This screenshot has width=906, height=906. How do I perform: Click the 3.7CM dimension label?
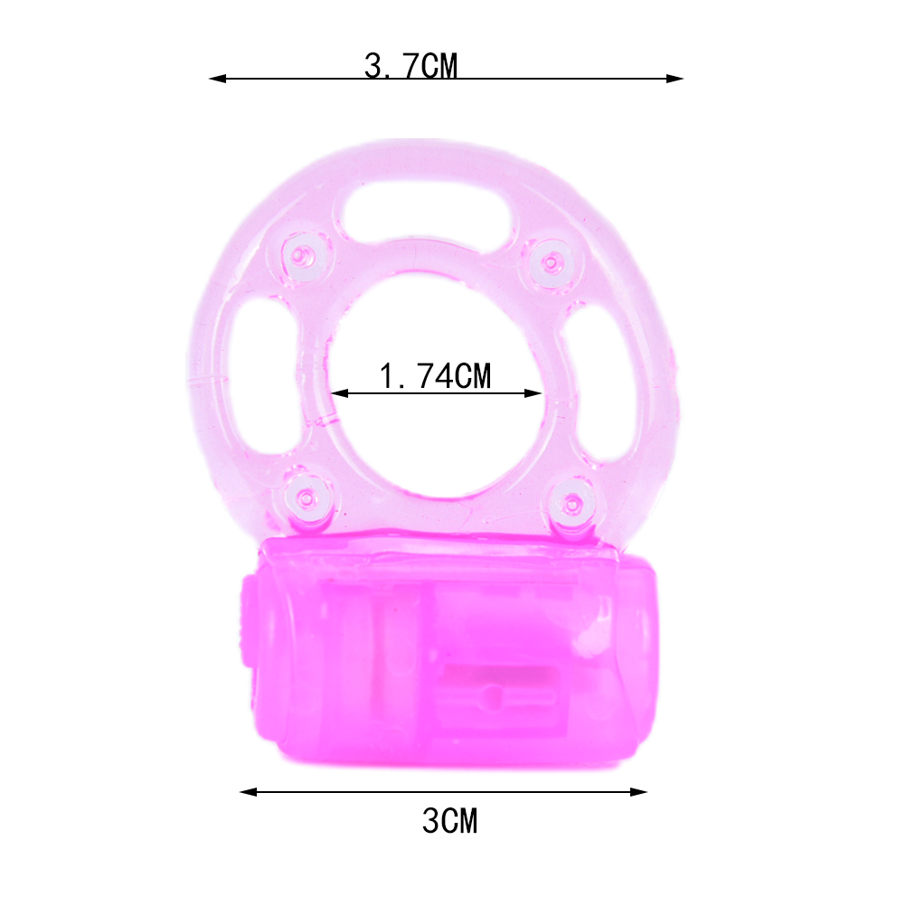411,65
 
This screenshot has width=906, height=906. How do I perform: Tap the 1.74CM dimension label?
435,375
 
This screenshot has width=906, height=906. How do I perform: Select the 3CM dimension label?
450,820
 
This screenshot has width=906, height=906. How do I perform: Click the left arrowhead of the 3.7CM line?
217,78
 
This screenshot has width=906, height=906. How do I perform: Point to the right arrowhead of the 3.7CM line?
675,78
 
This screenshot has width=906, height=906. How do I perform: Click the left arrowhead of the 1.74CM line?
340,393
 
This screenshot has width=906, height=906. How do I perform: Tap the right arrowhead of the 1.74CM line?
533,393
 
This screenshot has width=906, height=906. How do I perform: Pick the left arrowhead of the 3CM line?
249,791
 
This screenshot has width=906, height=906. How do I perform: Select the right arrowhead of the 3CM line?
638,791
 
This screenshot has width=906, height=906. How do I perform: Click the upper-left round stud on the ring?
303,255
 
